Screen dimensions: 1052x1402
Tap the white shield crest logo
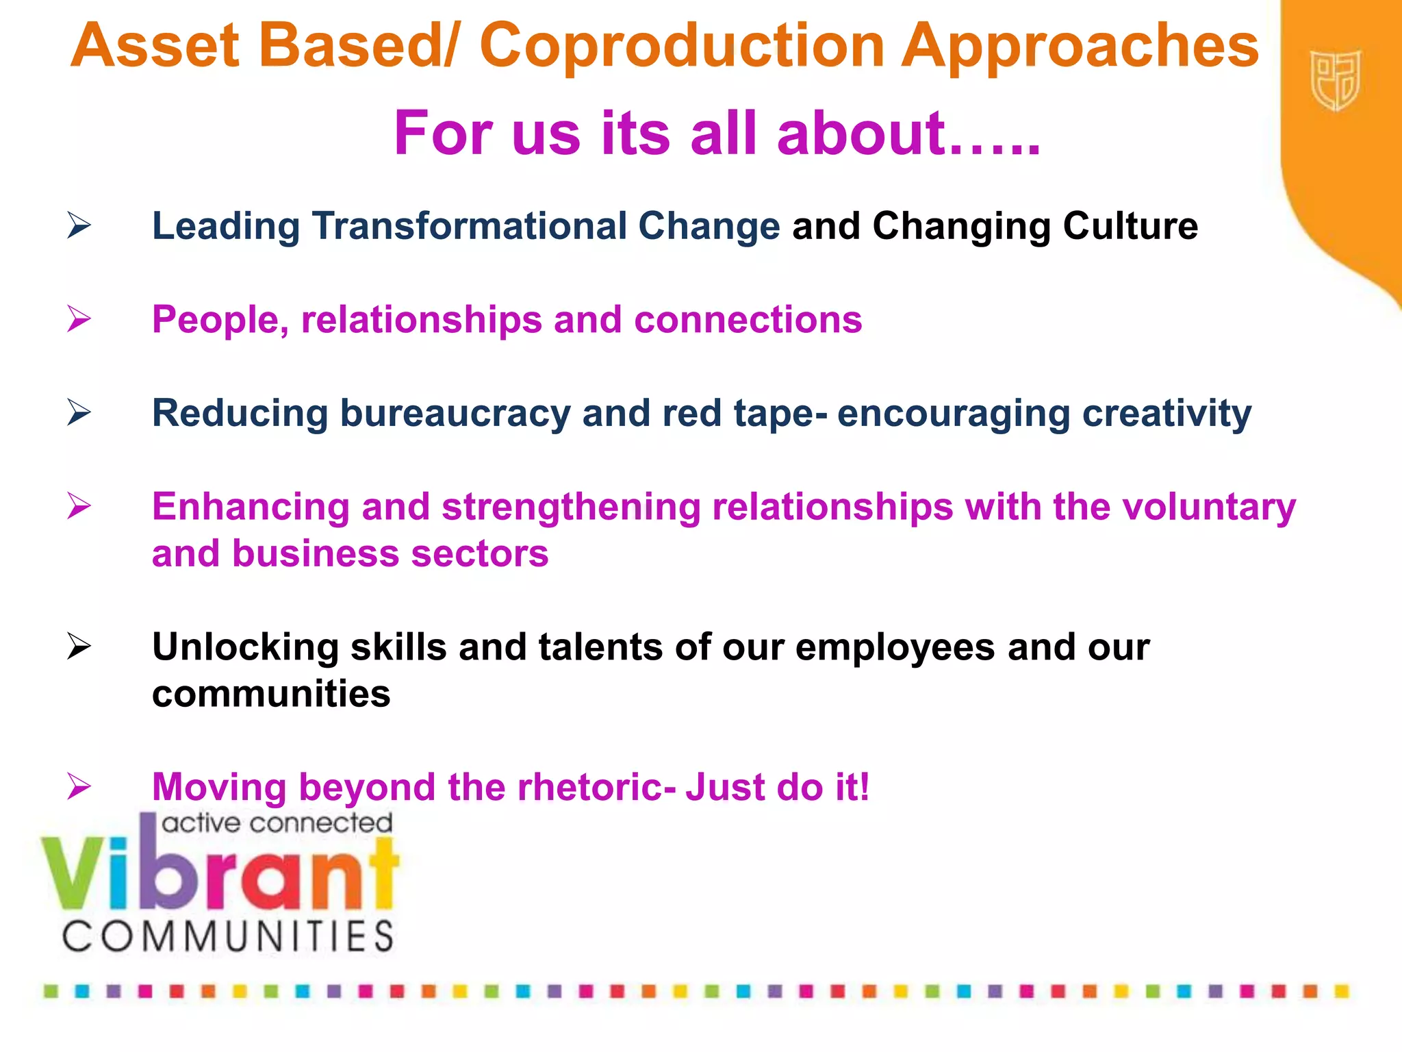[1335, 80]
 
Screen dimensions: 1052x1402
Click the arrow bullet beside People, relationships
[79, 319]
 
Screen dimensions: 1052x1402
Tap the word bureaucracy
[455, 414]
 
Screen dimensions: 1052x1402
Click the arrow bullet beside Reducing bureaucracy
[79, 413]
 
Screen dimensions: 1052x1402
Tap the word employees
[895, 647]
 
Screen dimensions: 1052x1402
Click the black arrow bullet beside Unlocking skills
[79, 647]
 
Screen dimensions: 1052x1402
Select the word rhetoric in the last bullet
[595, 787]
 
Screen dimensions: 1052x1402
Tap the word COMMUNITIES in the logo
[228, 936]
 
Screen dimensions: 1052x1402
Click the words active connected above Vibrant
[277, 823]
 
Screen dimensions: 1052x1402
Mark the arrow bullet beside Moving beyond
[79, 786]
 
